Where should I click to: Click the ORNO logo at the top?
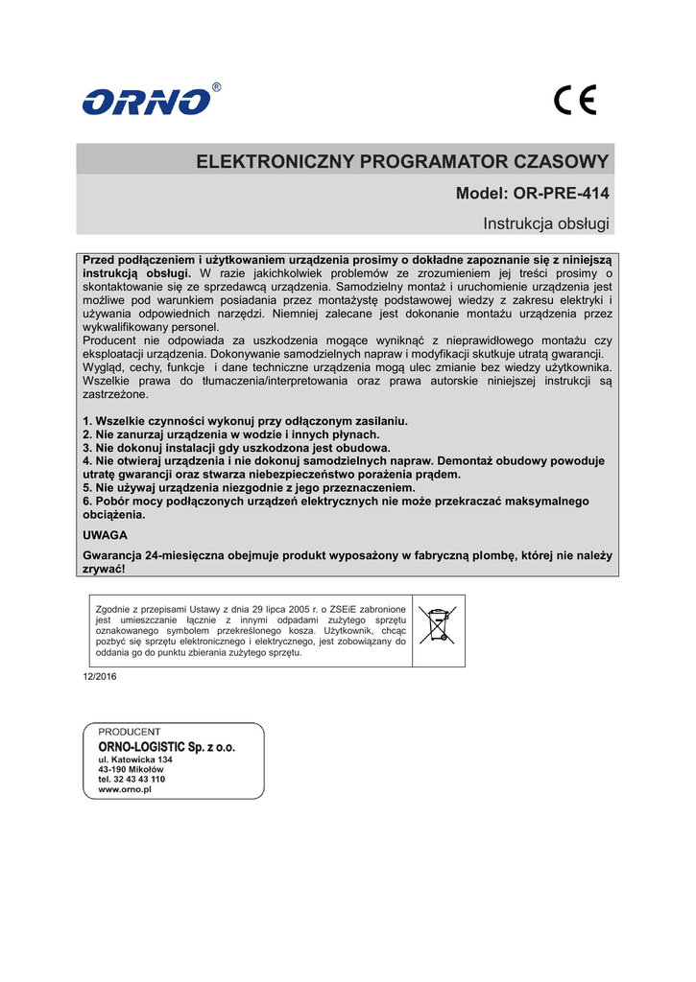click(147, 101)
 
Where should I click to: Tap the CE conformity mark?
click(575, 101)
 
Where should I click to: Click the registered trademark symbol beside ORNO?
click(216, 87)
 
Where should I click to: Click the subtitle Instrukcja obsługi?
click(546, 223)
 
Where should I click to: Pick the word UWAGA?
click(106, 534)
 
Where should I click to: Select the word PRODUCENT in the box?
click(130, 732)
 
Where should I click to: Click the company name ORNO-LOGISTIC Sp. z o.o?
click(166, 746)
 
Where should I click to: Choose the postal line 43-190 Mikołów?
click(131, 769)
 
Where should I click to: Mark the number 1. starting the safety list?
click(87, 421)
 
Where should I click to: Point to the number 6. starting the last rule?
click(87, 502)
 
